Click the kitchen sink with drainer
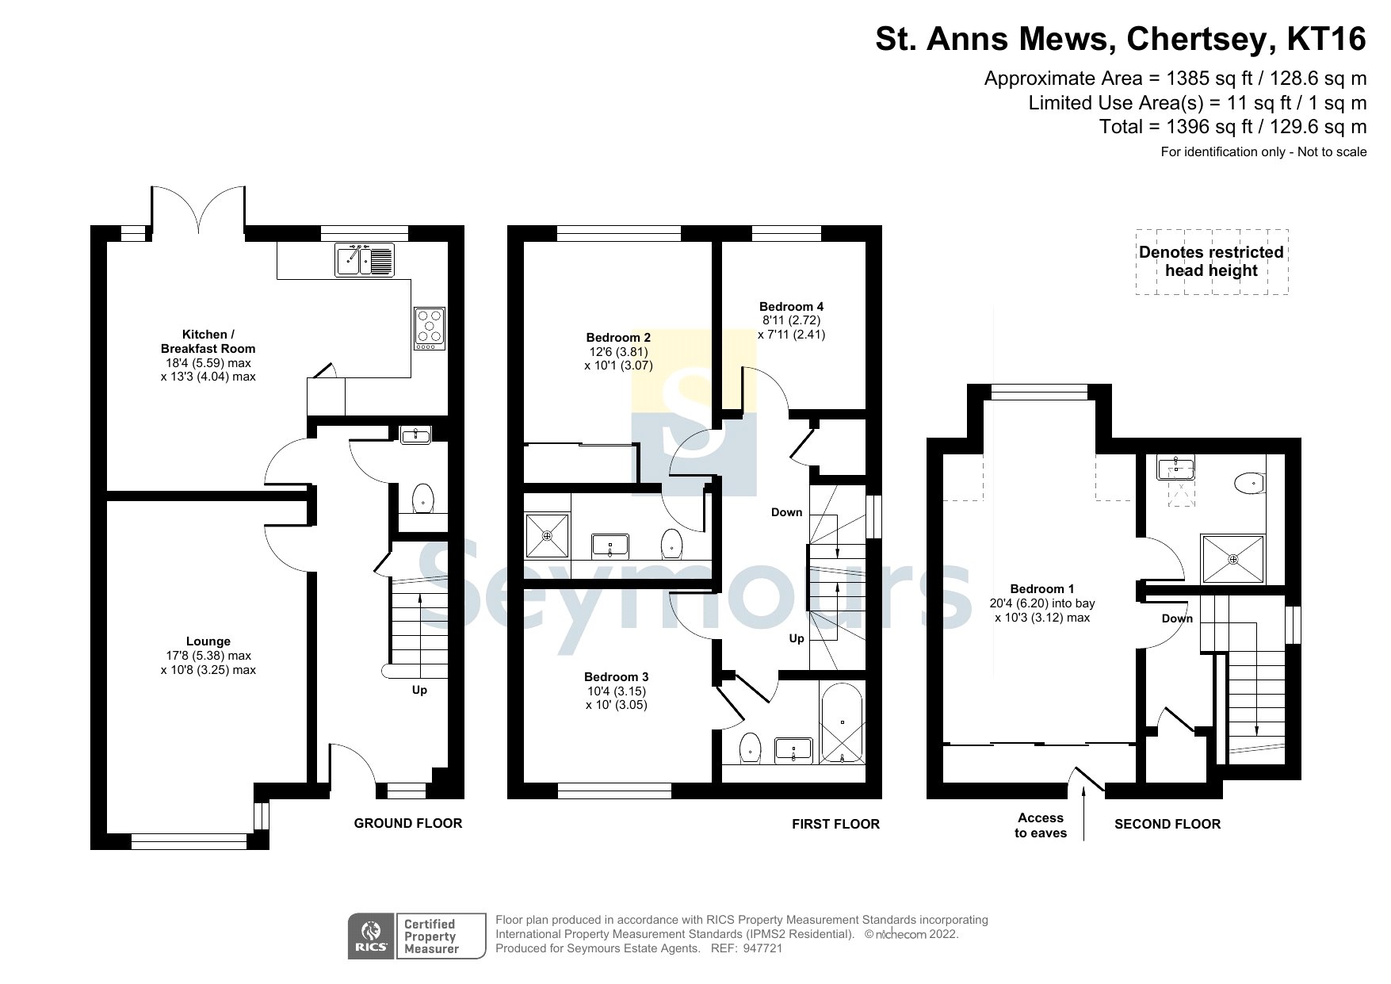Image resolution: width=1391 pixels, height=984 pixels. point(365,260)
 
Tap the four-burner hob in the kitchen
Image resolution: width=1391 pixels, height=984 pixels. point(430,328)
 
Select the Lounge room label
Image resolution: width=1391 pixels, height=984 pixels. point(208,641)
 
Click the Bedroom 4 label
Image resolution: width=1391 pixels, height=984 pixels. point(791,307)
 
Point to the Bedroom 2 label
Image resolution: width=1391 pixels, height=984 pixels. point(618,338)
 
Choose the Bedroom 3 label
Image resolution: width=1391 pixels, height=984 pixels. point(616,677)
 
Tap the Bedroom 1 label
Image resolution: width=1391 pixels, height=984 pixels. point(1042,589)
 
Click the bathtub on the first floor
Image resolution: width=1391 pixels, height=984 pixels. point(842,724)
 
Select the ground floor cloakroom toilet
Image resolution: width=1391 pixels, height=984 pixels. point(423,498)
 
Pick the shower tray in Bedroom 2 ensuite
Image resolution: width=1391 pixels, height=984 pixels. point(547,535)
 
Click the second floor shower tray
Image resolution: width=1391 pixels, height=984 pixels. point(1232,558)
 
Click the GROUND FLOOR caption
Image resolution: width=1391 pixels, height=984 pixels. point(408,824)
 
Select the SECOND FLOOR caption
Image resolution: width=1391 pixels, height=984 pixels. point(1167,825)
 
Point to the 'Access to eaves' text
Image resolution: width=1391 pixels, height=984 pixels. point(1041,825)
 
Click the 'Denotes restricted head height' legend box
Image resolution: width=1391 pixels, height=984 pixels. point(1211,262)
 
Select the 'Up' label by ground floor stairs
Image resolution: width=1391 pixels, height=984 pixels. point(419,691)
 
